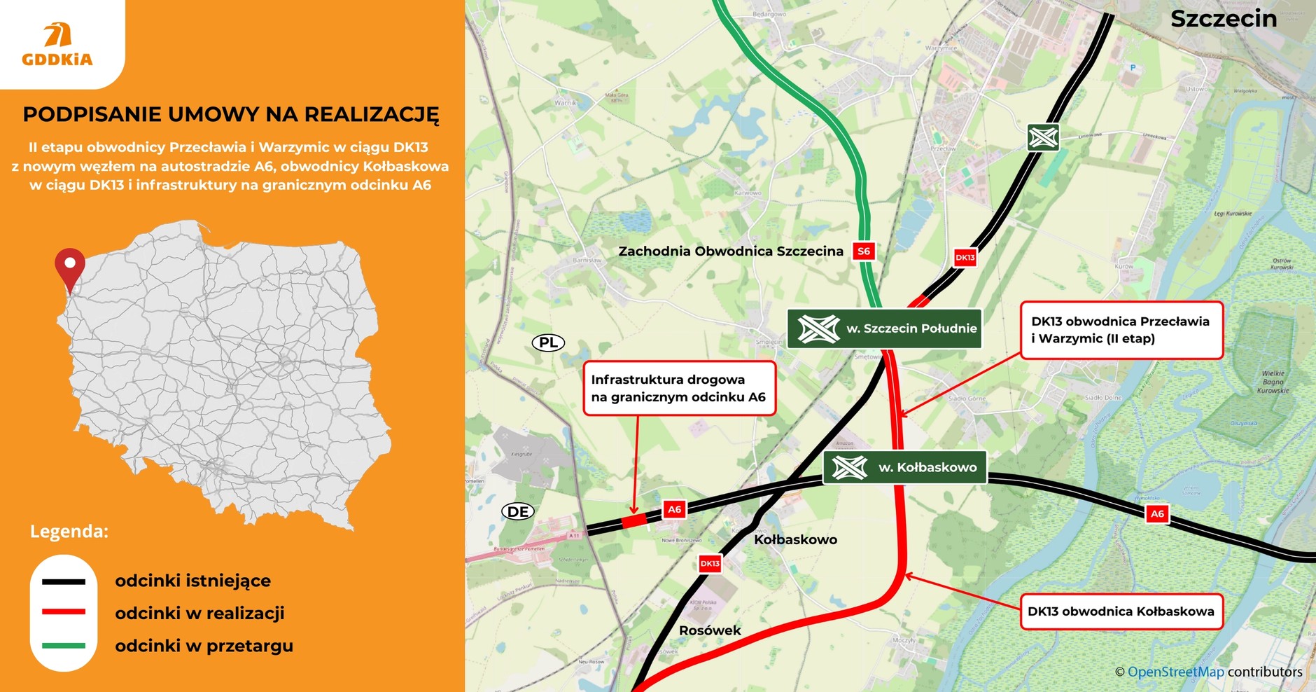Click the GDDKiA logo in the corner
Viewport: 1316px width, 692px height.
57,44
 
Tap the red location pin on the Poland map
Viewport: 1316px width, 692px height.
70,267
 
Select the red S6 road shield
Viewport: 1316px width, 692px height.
864,251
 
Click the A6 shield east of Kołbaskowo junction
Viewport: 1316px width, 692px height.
1157,514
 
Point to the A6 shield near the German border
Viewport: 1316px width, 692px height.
674,510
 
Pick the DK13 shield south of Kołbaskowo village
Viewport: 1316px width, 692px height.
710,563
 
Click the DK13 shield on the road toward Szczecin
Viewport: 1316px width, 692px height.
965,258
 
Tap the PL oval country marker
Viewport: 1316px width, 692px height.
548,342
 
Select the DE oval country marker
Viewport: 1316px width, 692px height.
518,511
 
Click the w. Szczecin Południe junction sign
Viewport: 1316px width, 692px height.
885,328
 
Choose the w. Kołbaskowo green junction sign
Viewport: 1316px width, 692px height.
904,467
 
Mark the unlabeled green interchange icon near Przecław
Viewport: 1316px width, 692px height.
1043,137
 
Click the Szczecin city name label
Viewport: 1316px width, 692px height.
1223,19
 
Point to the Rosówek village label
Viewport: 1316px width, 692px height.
709,630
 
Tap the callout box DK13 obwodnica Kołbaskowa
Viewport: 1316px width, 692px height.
1121,611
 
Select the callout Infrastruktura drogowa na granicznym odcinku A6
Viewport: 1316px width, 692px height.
679,389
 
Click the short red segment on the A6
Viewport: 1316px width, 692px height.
634,521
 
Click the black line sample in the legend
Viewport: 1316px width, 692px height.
64,581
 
